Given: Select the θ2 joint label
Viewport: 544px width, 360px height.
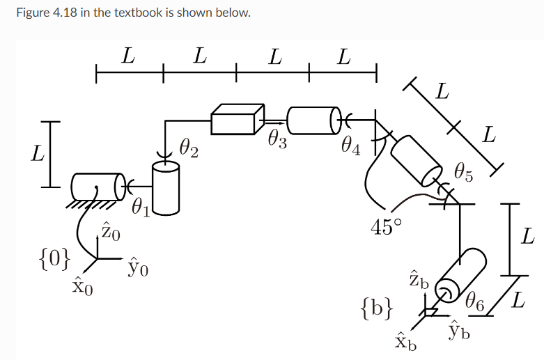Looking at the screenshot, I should point(189,148).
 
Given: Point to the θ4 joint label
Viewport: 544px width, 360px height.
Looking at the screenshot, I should point(351,145).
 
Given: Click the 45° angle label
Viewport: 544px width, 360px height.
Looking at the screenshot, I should point(386,228).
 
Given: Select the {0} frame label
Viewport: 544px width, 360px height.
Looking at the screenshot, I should point(54,260).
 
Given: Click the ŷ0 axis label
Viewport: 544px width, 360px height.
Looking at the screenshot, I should point(138,266).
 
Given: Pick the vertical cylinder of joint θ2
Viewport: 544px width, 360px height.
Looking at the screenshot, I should point(166,186).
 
